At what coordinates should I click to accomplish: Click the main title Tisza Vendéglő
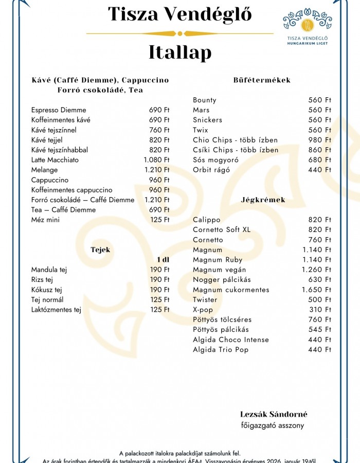(x=179, y=14)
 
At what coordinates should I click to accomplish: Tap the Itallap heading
(x=179, y=52)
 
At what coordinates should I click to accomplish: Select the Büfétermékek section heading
(x=262, y=80)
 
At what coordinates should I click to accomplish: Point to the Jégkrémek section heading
(x=263, y=200)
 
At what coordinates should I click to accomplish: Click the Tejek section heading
(x=100, y=250)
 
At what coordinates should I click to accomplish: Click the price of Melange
(x=156, y=170)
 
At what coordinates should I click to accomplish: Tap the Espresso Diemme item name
(x=59, y=110)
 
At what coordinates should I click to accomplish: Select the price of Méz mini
(x=160, y=220)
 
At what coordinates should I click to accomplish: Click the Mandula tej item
(x=49, y=270)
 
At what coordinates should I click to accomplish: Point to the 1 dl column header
(x=163, y=260)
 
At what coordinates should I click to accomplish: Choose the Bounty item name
(x=205, y=100)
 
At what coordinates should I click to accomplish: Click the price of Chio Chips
(x=320, y=140)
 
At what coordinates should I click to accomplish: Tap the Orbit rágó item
(x=211, y=170)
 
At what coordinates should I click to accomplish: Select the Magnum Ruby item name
(x=218, y=260)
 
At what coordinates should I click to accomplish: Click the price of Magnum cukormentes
(x=316, y=290)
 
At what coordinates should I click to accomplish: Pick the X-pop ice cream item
(x=203, y=310)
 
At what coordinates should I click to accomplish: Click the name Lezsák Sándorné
(x=274, y=415)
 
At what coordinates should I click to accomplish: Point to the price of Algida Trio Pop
(x=320, y=350)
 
